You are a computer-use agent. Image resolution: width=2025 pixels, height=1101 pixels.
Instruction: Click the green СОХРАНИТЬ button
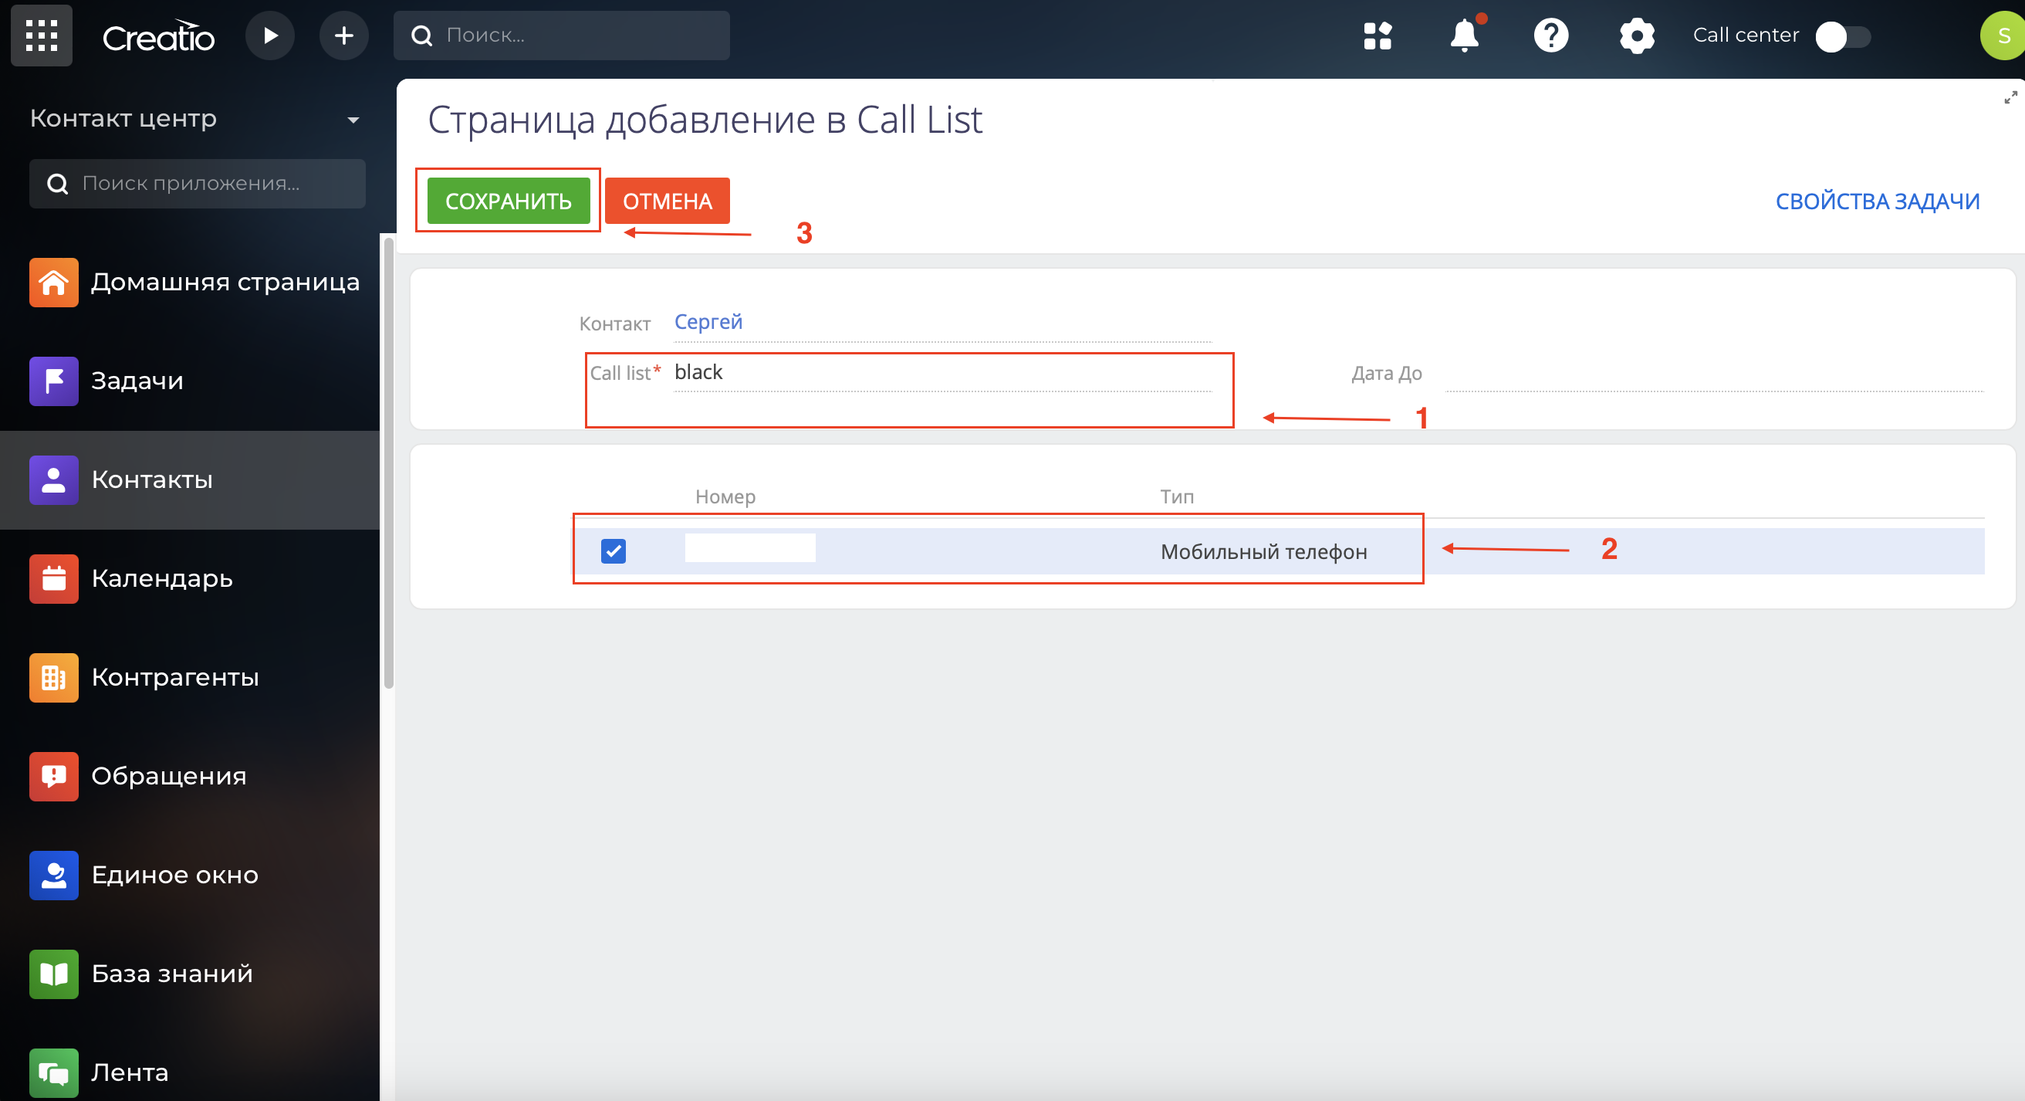(508, 201)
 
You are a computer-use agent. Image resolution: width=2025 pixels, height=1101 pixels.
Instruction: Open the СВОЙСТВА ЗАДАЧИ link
(1877, 202)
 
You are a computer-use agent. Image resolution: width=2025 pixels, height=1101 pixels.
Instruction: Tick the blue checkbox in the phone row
(614, 550)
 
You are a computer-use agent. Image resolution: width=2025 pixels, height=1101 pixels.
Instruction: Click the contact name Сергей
(708, 322)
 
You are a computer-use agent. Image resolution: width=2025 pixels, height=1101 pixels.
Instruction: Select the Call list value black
(698, 372)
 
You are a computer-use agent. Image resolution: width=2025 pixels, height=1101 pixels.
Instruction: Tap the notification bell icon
(1465, 35)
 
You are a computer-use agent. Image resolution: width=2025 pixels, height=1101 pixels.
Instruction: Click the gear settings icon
(1637, 36)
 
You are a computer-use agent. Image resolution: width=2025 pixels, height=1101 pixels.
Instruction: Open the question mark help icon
(1551, 36)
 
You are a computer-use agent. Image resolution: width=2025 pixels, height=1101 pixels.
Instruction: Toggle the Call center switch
(1843, 37)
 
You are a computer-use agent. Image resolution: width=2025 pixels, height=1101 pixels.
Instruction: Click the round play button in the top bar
(269, 36)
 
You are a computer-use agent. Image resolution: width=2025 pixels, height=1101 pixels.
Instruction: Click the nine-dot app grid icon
(42, 36)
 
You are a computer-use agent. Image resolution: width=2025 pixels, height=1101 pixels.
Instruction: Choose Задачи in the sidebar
(137, 381)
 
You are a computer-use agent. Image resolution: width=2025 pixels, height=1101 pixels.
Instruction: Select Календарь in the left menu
(162, 579)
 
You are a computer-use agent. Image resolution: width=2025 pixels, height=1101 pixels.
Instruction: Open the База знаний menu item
(172, 974)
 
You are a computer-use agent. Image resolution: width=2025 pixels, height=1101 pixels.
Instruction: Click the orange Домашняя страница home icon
(53, 283)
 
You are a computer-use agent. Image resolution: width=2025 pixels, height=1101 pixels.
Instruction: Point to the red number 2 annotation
(1609, 549)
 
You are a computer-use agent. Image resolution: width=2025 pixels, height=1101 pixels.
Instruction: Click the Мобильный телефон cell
(1264, 552)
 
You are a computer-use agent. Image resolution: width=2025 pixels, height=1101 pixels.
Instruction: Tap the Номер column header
(725, 496)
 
